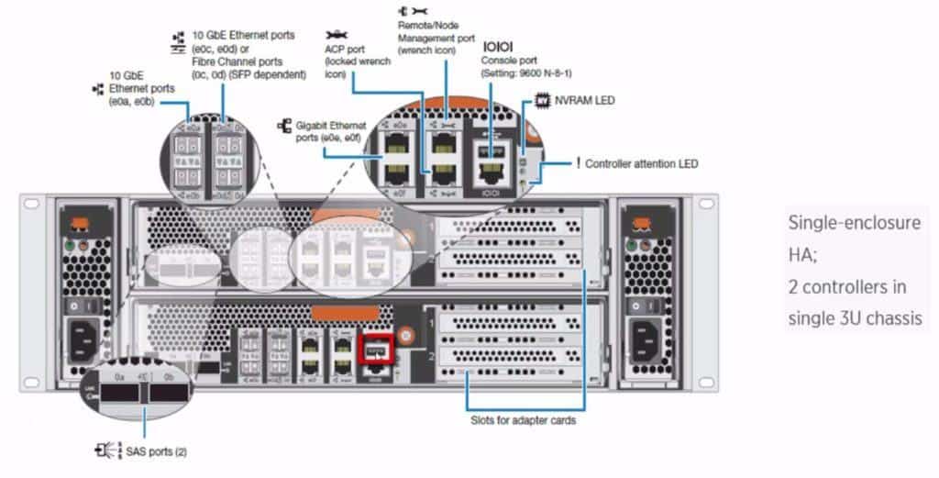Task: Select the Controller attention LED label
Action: [641, 164]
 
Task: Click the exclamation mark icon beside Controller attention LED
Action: [578, 163]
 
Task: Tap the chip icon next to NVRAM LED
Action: [542, 99]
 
